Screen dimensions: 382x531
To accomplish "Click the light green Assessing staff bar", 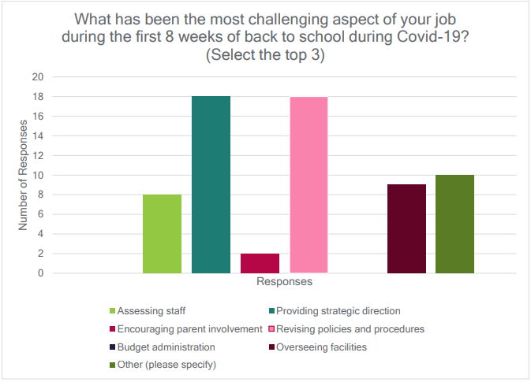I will click(x=162, y=234).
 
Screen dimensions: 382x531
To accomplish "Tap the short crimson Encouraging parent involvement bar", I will click(x=260, y=263).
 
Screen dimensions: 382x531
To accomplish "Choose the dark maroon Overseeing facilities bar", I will click(x=406, y=229).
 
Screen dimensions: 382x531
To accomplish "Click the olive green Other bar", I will click(x=455, y=224).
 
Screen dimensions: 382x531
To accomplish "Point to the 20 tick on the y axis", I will click(x=37, y=77).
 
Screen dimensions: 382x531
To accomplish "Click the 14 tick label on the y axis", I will click(x=37, y=136).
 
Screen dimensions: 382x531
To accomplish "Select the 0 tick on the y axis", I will click(x=39, y=273).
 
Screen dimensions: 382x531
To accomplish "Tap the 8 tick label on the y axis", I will click(x=39, y=195).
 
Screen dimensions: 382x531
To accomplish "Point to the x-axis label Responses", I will click(x=284, y=281).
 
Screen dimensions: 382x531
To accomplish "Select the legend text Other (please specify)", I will click(x=167, y=365).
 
